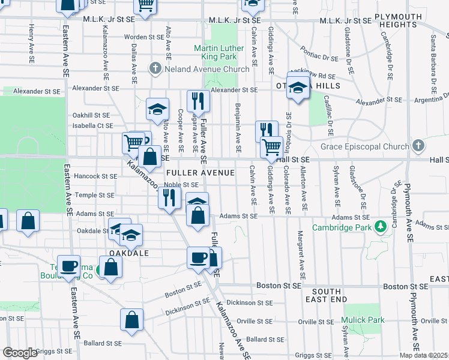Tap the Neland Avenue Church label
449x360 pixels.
(207, 69)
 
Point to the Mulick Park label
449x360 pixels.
(363, 320)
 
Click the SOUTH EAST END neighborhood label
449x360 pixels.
(325, 295)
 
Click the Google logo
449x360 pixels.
(20, 353)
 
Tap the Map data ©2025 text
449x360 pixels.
(424, 355)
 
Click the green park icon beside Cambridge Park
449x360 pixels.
(379, 227)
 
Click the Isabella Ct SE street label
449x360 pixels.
(92, 125)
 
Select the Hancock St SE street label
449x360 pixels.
(96, 176)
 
